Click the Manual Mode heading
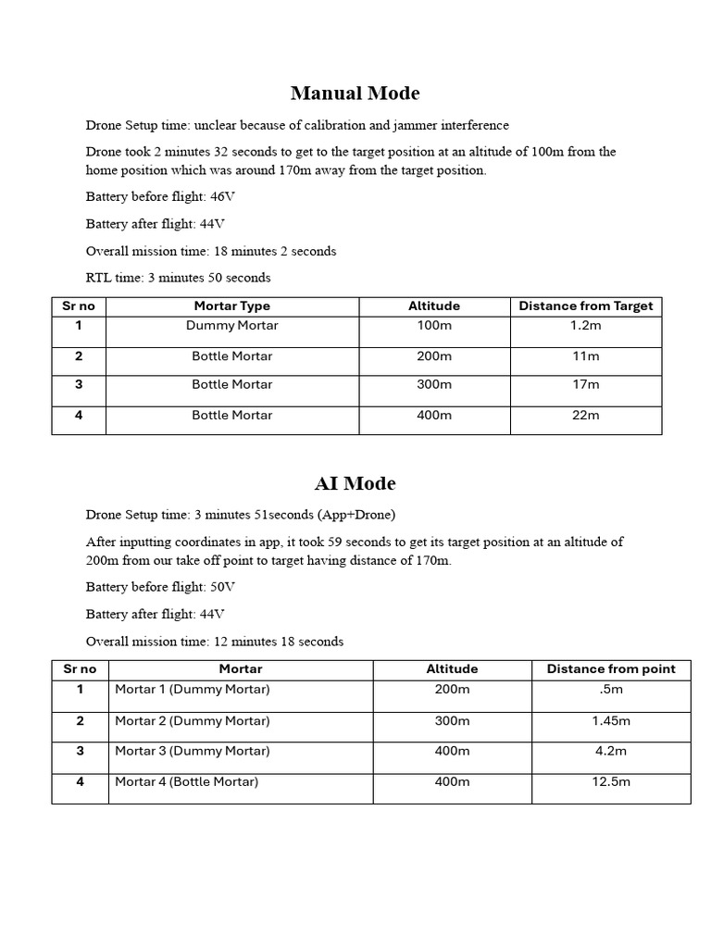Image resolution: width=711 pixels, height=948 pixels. click(355, 94)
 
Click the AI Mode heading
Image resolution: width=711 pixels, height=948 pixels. click(355, 483)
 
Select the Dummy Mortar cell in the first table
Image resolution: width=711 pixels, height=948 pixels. click(231, 326)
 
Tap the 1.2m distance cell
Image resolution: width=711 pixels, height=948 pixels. click(586, 326)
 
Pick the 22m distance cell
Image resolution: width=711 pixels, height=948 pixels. click(586, 416)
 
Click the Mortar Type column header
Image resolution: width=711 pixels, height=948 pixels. click(231, 306)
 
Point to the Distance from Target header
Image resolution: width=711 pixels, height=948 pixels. click(586, 306)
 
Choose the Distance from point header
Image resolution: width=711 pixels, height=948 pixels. click(611, 669)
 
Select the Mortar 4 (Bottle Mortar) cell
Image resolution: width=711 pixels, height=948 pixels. click(186, 782)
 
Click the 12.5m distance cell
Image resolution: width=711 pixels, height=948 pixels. click(611, 782)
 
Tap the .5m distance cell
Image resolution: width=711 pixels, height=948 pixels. click(611, 690)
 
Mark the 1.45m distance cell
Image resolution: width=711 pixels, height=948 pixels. click(611, 721)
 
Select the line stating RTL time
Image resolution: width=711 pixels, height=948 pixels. click(178, 278)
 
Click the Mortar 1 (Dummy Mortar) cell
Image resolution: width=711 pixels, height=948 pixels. click(192, 690)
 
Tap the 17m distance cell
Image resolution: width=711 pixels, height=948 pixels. click(586, 384)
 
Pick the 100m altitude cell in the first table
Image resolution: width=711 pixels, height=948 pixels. click(434, 326)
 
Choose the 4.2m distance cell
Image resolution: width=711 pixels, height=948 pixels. click(611, 751)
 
